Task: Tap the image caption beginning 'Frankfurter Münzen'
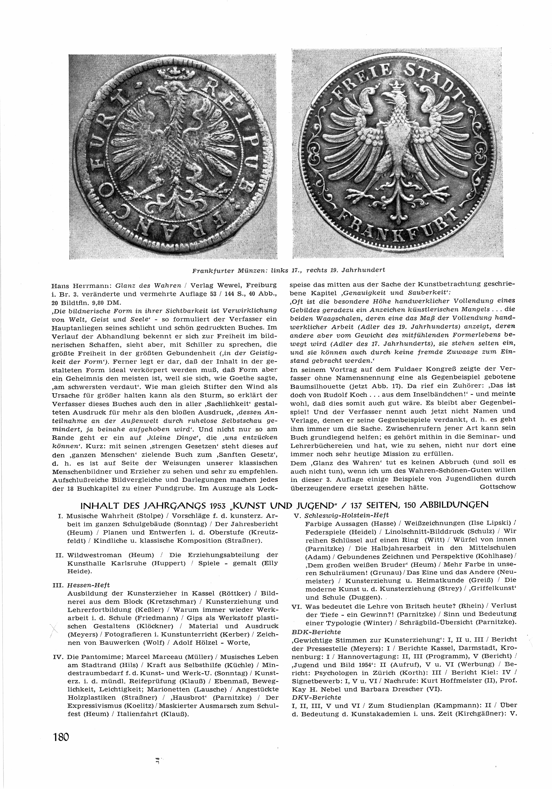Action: point(288,270)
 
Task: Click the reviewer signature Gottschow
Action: point(497,487)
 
